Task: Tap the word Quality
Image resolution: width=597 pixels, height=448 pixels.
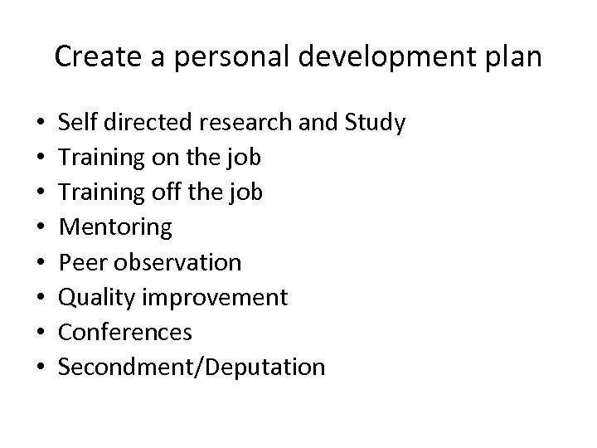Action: point(91,298)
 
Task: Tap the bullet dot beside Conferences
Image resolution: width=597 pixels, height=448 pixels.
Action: point(38,334)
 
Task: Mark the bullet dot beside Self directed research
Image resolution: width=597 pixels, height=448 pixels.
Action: point(38,124)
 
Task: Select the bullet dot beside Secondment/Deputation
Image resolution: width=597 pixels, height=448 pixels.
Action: point(38,368)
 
